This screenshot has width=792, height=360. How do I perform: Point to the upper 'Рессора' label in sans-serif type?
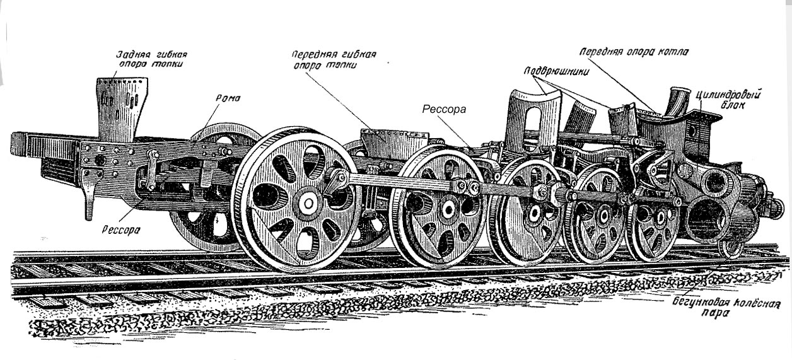click(x=445, y=109)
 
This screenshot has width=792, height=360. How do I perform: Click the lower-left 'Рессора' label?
click(x=120, y=229)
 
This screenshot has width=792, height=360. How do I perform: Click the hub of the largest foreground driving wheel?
click(x=309, y=202)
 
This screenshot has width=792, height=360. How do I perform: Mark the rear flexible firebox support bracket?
click(x=122, y=107)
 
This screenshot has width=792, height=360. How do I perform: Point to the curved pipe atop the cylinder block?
click(x=680, y=101)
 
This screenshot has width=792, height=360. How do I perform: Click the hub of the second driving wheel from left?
click(x=448, y=207)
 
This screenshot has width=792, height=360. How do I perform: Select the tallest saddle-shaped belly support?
click(x=534, y=120)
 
